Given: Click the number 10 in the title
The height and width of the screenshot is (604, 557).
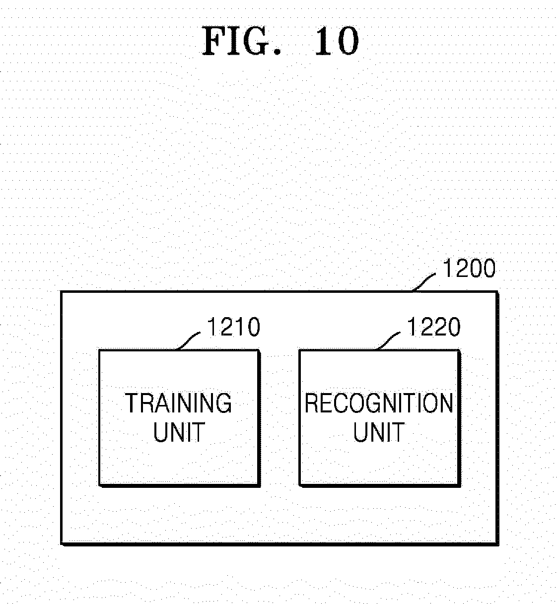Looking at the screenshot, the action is [337, 41].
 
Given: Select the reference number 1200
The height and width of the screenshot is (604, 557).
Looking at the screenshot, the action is [469, 268].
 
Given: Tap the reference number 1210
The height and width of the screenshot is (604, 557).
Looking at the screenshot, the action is [234, 327].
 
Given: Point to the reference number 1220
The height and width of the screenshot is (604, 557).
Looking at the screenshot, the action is [434, 327].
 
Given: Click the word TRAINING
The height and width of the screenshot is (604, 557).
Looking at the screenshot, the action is [178, 403].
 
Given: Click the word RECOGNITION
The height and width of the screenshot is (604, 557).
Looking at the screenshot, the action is [379, 403].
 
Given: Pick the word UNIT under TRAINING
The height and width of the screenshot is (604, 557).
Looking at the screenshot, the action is [179, 432].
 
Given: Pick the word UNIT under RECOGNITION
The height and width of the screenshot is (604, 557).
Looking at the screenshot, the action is [379, 432].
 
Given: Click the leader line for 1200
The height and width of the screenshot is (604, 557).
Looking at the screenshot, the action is [424, 281].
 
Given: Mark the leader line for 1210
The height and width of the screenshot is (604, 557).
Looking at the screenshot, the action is [189, 340].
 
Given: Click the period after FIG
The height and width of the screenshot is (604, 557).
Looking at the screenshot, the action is [277, 52].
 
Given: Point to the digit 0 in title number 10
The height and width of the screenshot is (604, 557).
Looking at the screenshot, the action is [347, 41].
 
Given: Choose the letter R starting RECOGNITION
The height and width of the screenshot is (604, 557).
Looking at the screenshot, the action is [311, 403].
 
